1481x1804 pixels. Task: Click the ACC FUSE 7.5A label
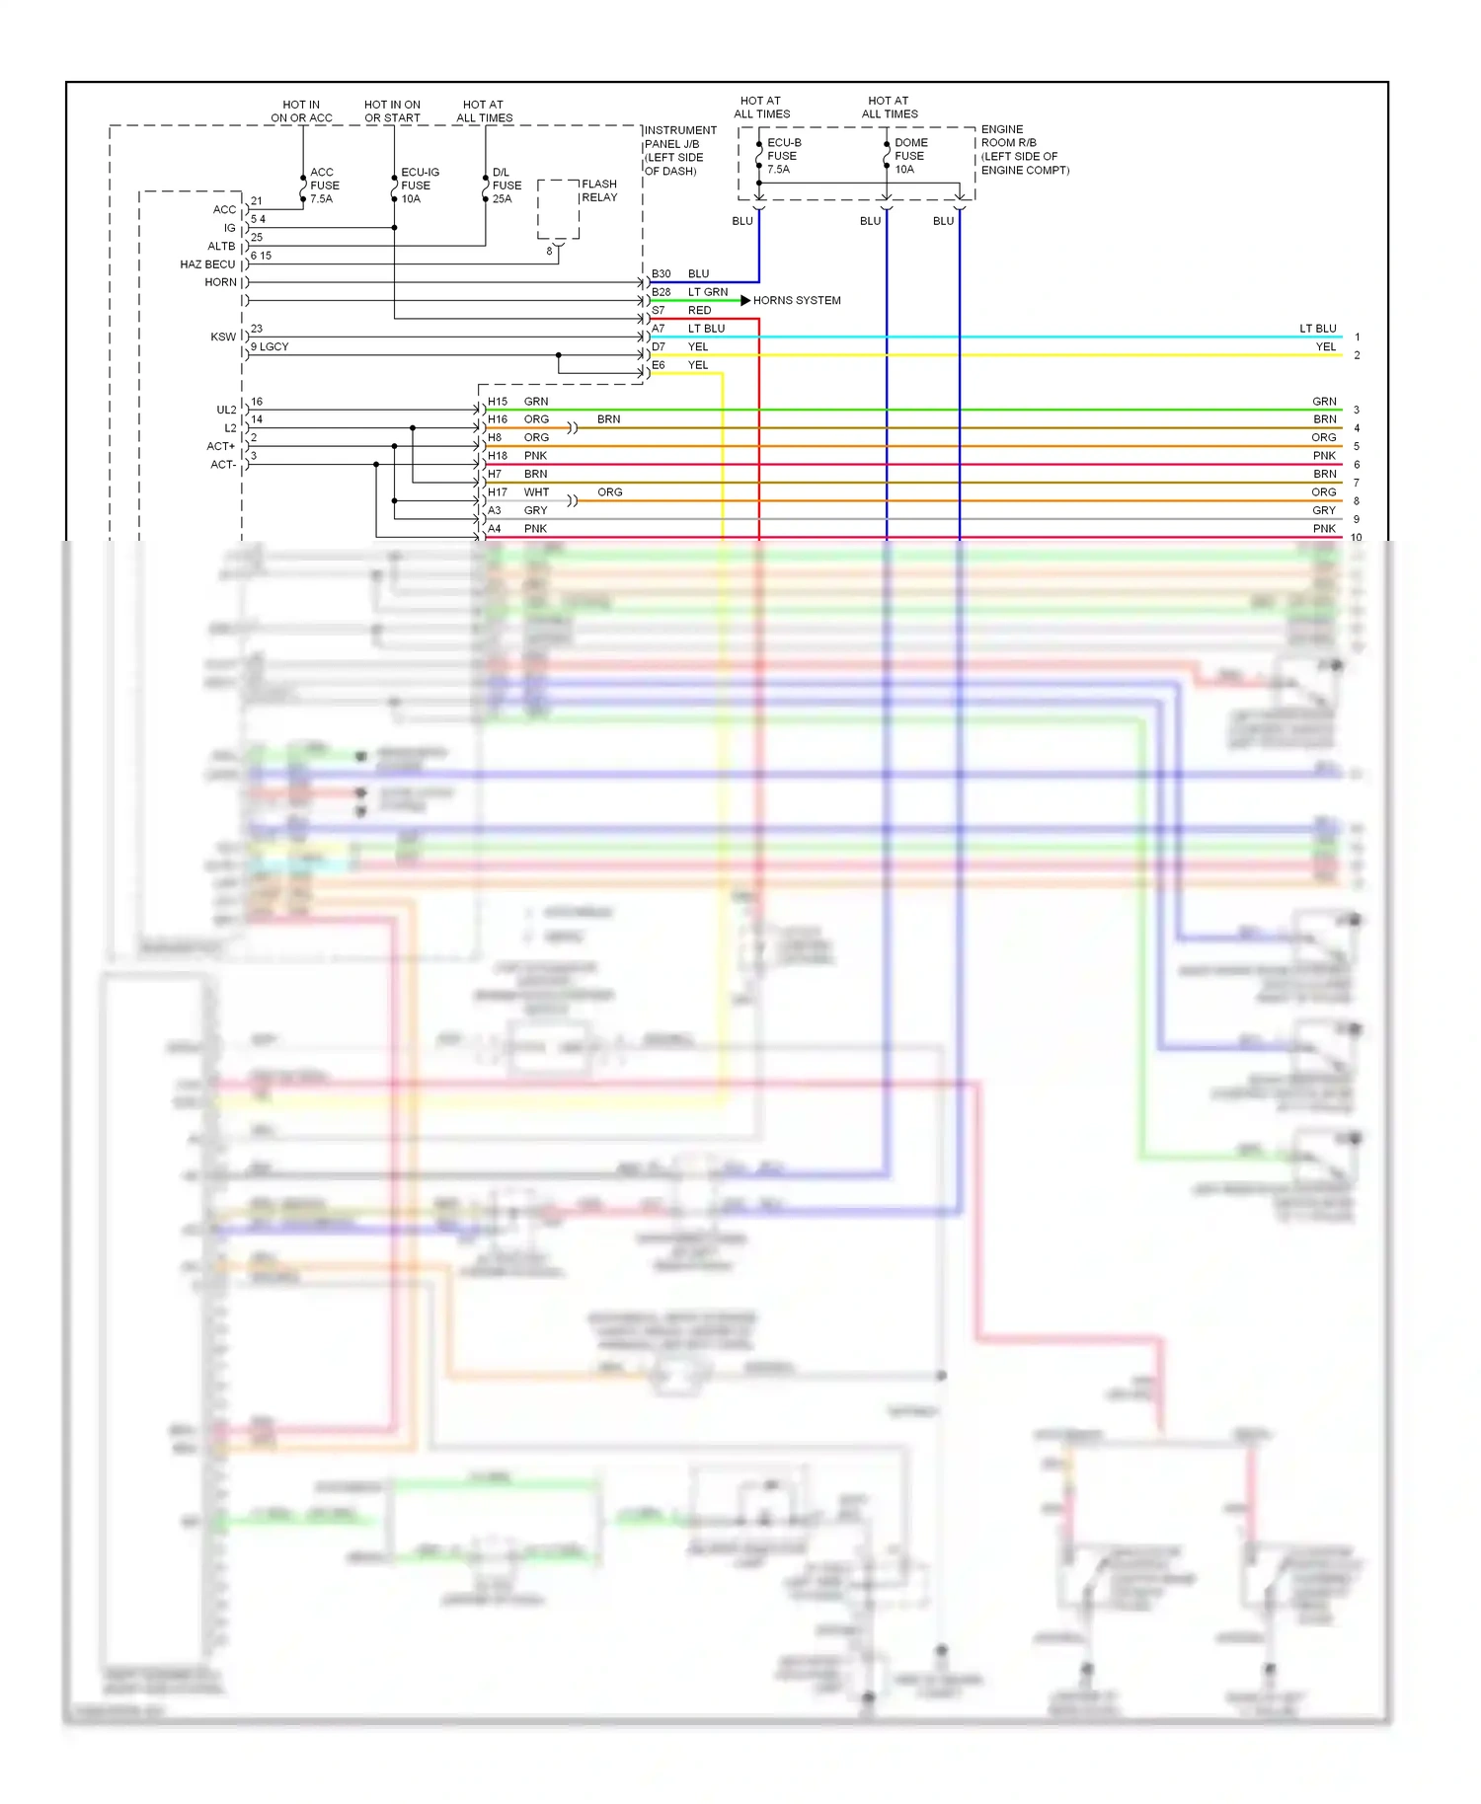point(324,186)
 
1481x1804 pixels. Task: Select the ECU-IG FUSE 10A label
point(419,186)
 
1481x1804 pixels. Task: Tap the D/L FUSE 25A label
point(507,186)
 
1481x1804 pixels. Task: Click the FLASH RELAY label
point(599,190)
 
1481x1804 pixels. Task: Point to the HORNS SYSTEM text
point(796,300)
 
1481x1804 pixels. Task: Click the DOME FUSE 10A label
point(910,156)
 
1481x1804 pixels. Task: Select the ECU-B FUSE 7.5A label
point(783,156)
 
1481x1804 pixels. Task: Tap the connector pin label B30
point(661,273)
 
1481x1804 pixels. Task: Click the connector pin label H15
point(497,402)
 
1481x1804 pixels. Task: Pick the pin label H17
point(497,492)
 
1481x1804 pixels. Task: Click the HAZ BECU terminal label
point(207,264)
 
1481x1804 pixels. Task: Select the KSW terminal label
point(223,337)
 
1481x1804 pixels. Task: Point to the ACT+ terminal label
point(221,446)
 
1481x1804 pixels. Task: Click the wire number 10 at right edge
point(1356,538)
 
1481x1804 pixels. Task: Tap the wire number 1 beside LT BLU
point(1357,338)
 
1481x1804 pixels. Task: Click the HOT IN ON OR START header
point(392,111)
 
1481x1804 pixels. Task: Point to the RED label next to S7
point(699,310)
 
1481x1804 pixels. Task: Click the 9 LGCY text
point(270,346)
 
